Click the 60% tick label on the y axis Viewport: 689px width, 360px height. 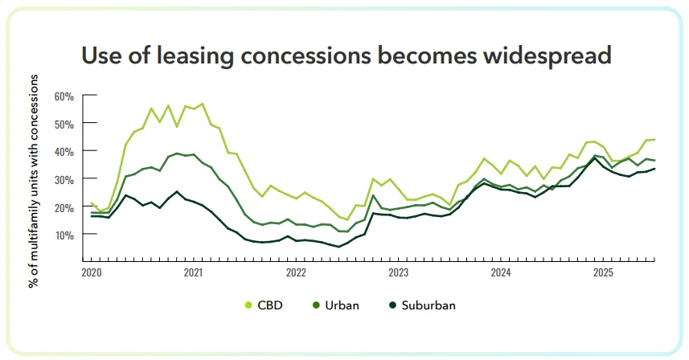pyautogui.click(x=64, y=96)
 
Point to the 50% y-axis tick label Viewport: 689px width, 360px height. pyautogui.click(x=64, y=124)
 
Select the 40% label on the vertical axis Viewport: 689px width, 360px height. pyautogui.click(x=64, y=151)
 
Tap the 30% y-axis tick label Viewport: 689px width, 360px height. pyautogui.click(x=64, y=179)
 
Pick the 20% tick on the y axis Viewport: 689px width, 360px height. pyautogui.click(x=64, y=207)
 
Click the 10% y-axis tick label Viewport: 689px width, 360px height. pyautogui.click(x=64, y=235)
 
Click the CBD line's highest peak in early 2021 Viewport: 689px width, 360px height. pyautogui.click(x=202, y=104)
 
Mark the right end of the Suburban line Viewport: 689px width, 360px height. pyautogui.click(x=655, y=168)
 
